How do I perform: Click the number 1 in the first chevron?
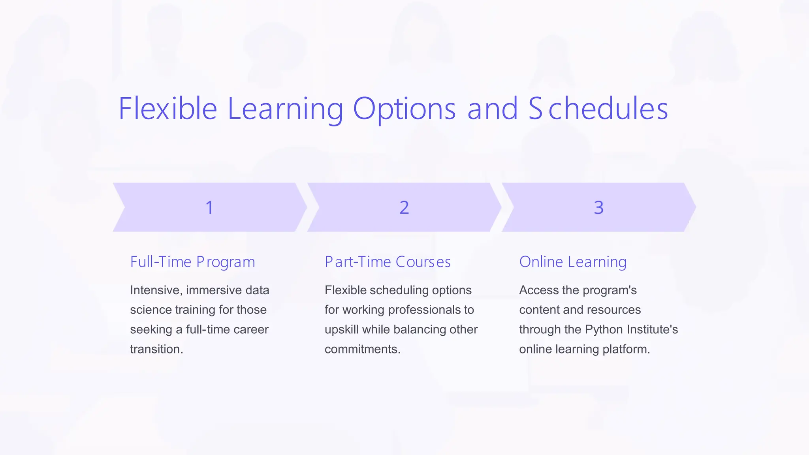coord(209,207)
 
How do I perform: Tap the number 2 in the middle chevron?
coord(404,207)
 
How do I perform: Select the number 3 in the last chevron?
coord(598,207)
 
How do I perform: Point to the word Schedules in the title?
coord(598,109)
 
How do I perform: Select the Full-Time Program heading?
coord(192,262)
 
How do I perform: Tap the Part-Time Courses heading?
coord(388,262)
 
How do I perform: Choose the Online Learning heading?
coord(573,262)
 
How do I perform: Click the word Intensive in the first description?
coord(156,290)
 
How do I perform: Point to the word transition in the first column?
coord(155,349)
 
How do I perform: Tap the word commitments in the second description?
coord(361,349)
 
